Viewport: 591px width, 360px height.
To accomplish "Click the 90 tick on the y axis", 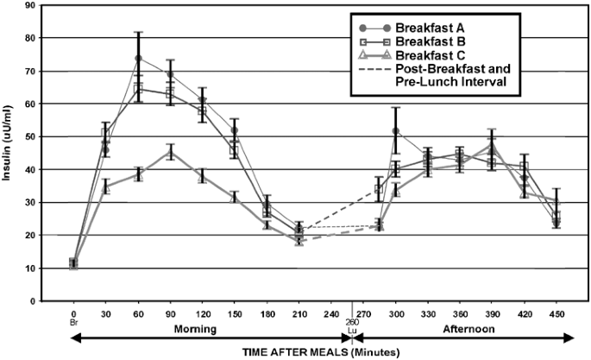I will [x=53, y=5].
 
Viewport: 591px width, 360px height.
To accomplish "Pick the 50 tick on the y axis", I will [x=53, y=136].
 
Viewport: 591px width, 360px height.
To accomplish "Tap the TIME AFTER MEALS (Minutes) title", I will [x=322, y=351].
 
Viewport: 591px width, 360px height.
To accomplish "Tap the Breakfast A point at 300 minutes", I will [x=396, y=131].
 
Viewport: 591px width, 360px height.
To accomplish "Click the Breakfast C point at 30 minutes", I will [x=106, y=186].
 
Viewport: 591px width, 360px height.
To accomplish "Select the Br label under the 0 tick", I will [x=74, y=325].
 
